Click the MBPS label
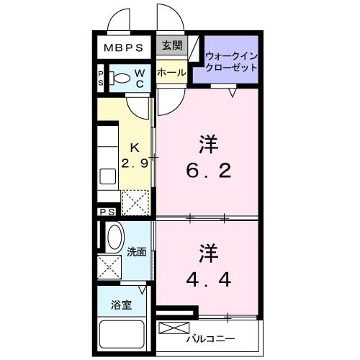[x=125, y=48]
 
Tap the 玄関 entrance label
[x=171, y=46]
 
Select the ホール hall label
[x=171, y=73]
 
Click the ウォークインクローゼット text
[x=231, y=61]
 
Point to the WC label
[x=140, y=78]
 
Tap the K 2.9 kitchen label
[x=135, y=154]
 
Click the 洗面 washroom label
[x=137, y=252]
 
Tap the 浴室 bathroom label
[x=121, y=305]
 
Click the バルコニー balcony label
[x=213, y=336]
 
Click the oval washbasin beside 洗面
[x=114, y=238]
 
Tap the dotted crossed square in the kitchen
[x=135, y=202]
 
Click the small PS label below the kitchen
[x=107, y=212]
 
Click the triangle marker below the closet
[x=233, y=92]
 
